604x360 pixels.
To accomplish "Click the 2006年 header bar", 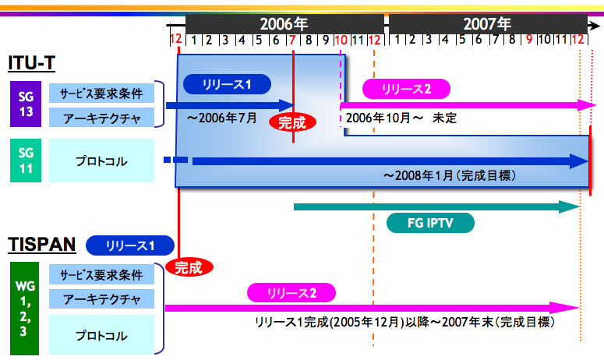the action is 284,24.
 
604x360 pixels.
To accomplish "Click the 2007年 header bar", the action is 488,24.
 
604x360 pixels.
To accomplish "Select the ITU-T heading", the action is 32,63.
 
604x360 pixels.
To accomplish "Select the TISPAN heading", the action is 42,245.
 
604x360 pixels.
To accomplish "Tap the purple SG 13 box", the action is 26,104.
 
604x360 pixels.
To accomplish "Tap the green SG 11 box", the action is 26,161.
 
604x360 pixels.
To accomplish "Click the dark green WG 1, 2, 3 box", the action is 25,309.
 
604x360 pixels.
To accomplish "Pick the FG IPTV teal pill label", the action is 430,223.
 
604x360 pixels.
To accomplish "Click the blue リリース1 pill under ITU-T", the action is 227,84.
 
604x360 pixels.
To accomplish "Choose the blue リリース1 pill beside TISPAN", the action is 130,245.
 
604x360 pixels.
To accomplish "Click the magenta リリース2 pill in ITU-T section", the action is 406,89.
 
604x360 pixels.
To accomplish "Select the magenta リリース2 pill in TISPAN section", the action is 291,293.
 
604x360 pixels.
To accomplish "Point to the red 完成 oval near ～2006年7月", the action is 292,123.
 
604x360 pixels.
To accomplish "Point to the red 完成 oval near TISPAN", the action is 189,267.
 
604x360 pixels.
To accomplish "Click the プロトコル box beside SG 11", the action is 101,161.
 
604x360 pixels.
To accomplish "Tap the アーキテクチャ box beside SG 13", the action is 101,118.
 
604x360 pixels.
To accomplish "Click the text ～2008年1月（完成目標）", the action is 450,176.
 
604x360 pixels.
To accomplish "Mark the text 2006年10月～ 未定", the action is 401,118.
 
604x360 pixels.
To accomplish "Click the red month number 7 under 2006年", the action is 292,40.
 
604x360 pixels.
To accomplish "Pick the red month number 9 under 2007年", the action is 529,39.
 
